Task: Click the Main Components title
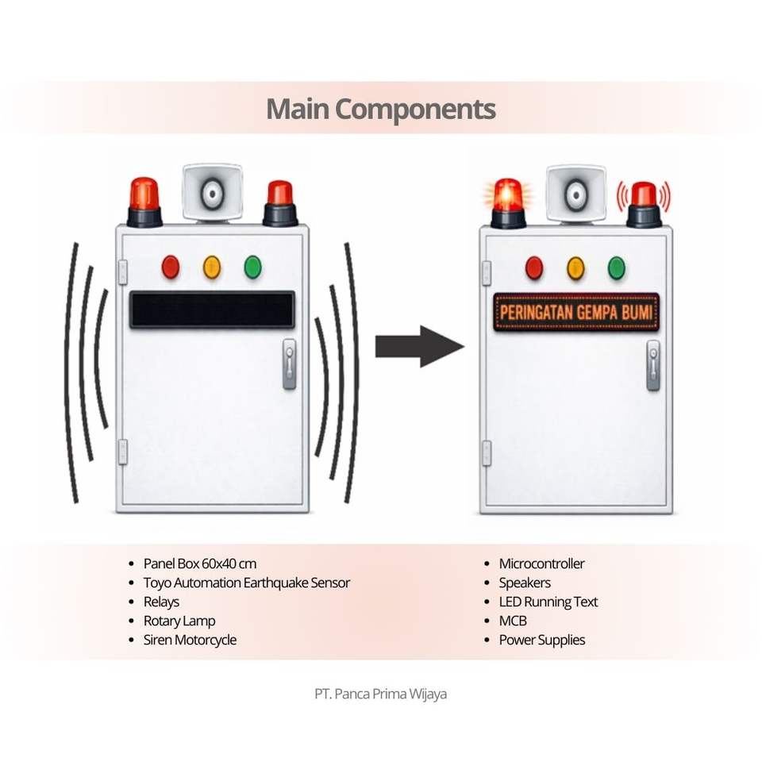click(x=381, y=109)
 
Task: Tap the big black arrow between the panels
click(x=418, y=346)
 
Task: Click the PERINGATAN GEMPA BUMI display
click(x=576, y=312)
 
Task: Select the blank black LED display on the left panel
click(x=212, y=310)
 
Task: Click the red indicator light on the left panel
click(x=171, y=267)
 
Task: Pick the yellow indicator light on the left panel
click(x=212, y=267)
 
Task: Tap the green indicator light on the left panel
click(x=253, y=267)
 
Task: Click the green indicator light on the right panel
click(x=617, y=268)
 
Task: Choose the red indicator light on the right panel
click(x=534, y=268)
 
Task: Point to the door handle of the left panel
click(x=290, y=364)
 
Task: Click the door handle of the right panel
click(x=653, y=366)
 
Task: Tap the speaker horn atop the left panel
click(x=212, y=192)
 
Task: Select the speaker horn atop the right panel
click(x=575, y=193)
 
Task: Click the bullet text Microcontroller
click(x=541, y=564)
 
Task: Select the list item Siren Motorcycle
click(x=190, y=640)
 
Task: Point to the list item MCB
click(x=513, y=621)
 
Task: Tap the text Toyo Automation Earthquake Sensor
click(x=246, y=583)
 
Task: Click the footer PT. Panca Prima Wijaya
click(x=381, y=694)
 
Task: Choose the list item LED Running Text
click(x=548, y=602)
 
